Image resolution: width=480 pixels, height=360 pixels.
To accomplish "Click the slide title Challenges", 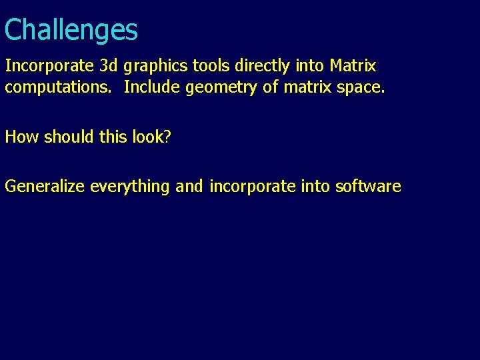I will tap(71, 31).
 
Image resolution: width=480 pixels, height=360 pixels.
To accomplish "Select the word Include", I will tap(153, 87).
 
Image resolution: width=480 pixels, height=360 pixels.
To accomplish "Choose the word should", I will tap(67, 137).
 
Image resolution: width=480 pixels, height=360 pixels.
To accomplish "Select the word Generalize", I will tap(45, 187).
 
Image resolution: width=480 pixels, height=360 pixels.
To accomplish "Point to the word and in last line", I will tap(190, 187).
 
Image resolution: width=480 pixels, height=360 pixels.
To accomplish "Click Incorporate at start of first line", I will tap(49, 67).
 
